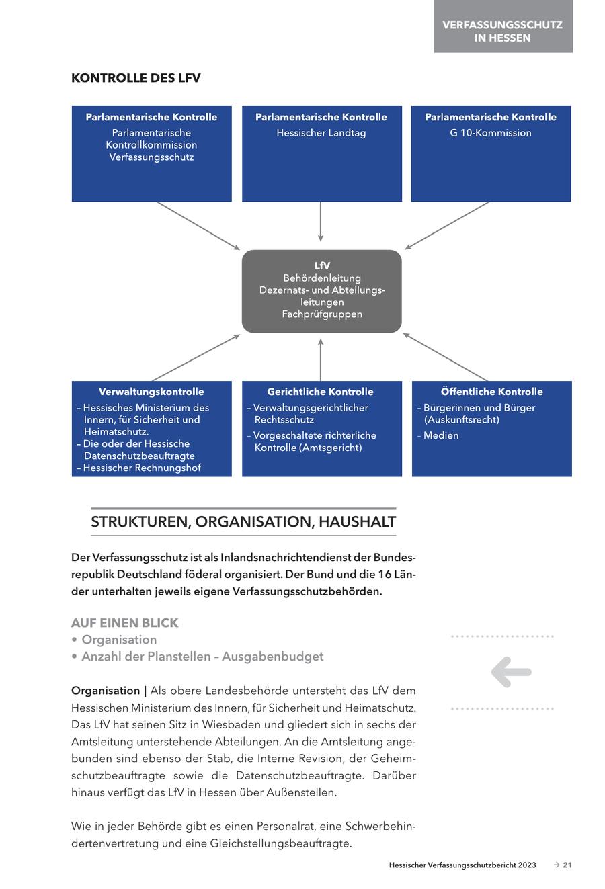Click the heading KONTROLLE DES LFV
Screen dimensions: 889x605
coord(136,78)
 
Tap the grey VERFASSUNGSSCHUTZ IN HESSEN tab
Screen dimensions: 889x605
coord(503,31)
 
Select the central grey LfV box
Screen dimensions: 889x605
coord(321,291)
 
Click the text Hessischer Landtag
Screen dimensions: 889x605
coord(321,133)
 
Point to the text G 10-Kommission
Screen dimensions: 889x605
coord(491,133)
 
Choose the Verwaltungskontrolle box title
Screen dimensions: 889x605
coord(151,392)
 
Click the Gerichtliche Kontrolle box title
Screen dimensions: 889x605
coord(320,392)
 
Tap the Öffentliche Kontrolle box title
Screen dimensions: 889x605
coord(491,392)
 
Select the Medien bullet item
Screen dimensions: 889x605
coord(441,435)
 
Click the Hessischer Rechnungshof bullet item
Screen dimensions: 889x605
coord(141,468)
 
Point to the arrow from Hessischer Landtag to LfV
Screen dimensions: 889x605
coord(321,222)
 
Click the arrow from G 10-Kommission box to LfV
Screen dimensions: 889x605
coord(447,226)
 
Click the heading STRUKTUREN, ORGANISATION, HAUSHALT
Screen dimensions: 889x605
coord(243,522)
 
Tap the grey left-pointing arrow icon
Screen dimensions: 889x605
coord(511,671)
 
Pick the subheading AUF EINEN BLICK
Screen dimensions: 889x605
coord(125,623)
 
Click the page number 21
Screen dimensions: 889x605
coord(567,865)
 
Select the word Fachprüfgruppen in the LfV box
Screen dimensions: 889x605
coord(322,314)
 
